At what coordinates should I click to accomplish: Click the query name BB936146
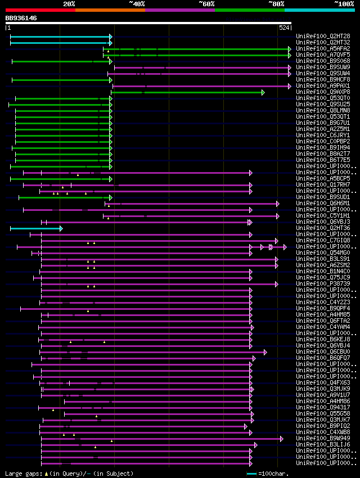(x=21, y=18)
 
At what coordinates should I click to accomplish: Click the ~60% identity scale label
(x=206, y=4)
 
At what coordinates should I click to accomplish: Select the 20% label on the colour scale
(x=69, y=4)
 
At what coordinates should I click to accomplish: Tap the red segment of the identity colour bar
(x=40, y=10)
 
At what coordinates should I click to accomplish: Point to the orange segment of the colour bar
(x=110, y=10)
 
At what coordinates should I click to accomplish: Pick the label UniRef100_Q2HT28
(x=318, y=36)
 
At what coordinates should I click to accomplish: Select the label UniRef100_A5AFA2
(x=318, y=48)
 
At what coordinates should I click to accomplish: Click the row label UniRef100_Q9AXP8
(x=318, y=92)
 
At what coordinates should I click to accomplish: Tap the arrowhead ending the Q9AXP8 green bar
(x=263, y=92)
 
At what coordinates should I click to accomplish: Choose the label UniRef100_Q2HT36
(x=318, y=228)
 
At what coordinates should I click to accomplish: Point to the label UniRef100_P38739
(x=318, y=283)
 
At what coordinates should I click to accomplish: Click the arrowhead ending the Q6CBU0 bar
(x=265, y=352)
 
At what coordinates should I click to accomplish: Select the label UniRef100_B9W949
(x=318, y=438)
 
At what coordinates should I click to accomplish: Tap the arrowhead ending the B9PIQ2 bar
(x=246, y=426)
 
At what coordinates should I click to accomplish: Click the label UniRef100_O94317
(x=318, y=407)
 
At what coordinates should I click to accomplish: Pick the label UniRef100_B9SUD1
(x=318, y=197)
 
